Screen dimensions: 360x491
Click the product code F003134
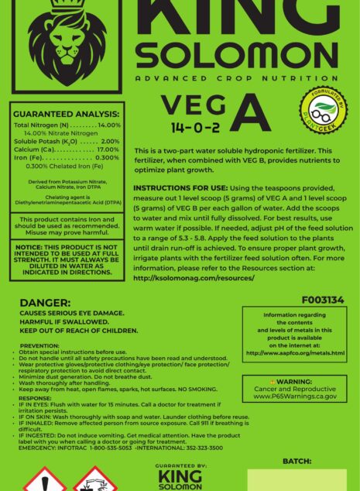coord(323,300)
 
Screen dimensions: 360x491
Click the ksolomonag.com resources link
coord(193,277)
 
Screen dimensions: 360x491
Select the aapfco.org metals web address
coord(295,353)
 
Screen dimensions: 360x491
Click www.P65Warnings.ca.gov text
coord(295,396)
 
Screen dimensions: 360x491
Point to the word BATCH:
coord(297,460)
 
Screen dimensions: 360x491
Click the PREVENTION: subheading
coord(39,345)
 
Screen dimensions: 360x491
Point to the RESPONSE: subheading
coord(35,398)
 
